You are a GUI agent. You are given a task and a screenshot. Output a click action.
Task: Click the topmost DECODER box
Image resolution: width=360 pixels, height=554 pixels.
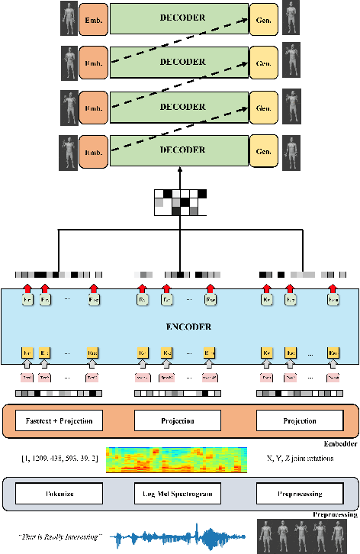click(x=179, y=18)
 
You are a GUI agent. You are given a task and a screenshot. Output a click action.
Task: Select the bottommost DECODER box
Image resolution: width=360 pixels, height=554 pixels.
click(x=179, y=150)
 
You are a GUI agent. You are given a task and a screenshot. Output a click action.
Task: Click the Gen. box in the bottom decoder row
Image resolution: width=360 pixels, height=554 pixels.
click(x=264, y=150)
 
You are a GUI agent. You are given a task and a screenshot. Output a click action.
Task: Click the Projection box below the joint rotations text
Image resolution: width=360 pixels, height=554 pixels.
click(x=294, y=420)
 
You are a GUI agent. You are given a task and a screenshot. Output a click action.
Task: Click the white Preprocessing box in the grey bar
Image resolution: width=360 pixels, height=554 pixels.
click(x=294, y=494)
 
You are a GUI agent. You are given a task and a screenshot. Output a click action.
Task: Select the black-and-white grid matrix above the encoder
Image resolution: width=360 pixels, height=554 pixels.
click(x=180, y=201)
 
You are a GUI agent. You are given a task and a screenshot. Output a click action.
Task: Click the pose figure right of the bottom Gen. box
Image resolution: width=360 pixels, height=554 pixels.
click(x=290, y=150)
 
